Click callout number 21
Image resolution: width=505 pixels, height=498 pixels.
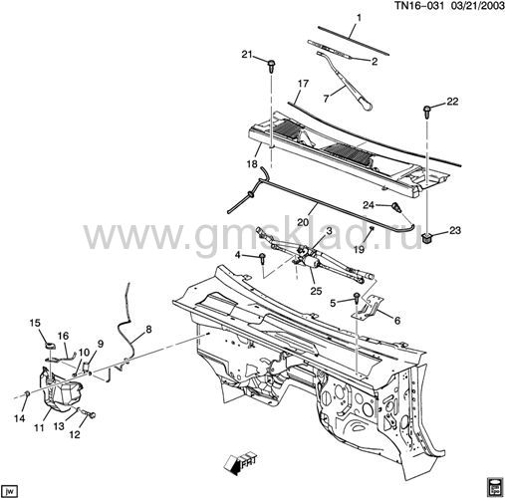(x=247, y=54)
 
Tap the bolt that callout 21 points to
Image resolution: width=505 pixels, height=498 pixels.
(x=271, y=66)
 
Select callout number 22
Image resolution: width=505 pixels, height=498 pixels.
(x=452, y=102)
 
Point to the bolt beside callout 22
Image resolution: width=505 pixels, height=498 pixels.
(x=426, y=112)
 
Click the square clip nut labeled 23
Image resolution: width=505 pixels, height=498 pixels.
(x=426, y=238)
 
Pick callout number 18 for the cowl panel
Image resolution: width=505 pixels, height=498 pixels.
(x=252, y=164)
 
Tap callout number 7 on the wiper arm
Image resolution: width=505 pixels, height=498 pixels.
(x=326, y=99)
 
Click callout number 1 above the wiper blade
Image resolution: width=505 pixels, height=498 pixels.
(x=359, y=18)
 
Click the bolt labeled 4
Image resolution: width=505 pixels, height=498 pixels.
(x=262, y=258)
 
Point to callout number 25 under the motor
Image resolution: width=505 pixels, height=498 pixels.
(x=316, y=291)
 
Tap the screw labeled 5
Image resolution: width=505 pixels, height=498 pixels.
(x=357, y=297)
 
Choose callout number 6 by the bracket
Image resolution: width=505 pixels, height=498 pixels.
(x=397, y=321)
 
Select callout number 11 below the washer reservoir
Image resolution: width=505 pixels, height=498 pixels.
(x=39, y=428)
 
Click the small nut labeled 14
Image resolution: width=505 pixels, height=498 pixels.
(x=28, y=393)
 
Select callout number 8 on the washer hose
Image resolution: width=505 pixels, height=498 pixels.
(x=148, y=330)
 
